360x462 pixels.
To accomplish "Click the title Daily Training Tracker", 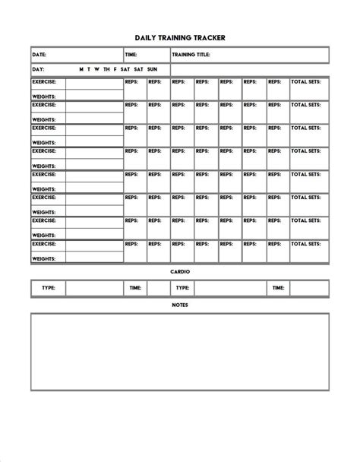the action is (x=180, y=36).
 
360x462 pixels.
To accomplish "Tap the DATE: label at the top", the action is (x=39, y=55).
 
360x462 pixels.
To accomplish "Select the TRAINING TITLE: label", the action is (x=191, y=55).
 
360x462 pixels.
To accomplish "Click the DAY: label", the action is (x=38, y=69).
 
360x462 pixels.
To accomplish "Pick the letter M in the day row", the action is (x=81, y=69).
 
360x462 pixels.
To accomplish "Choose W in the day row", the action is (x=97, y=69).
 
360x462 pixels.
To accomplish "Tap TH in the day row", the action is (x=106, y=69).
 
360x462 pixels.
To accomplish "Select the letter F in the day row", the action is (x=115, y=69).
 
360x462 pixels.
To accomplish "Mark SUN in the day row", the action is (x=153, y=69).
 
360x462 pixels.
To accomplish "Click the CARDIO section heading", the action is (x=180, y=271).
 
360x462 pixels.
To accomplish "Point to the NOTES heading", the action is (x=180, y=305).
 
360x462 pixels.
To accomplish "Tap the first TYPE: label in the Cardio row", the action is (x=49, y=288).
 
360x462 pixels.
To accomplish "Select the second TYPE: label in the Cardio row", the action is (x=182, y=288).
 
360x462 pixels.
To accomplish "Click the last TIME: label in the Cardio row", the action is (x=278, y=288).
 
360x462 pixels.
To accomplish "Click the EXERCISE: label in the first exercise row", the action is (x=44, y=81).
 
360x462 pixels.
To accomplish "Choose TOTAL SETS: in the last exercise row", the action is (x=305, y=244).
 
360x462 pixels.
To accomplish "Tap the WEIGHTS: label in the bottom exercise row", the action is (x=43, y=259).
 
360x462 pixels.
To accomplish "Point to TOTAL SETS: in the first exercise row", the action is (x=305, y=81).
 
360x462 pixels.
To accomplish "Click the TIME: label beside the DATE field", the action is (x=131, y=55).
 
